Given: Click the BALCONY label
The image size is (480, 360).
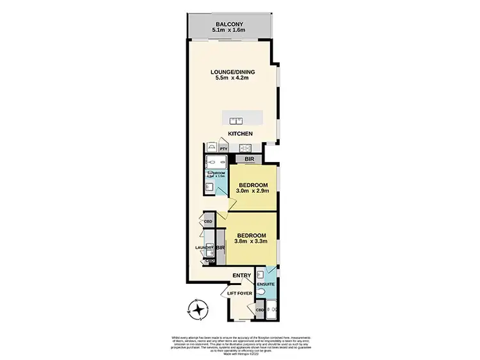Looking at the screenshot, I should click(x=229, y=23).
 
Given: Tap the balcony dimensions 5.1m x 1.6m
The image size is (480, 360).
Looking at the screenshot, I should click(x=229, y=30).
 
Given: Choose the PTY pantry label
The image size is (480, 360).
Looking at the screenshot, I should click(x=223, y=149).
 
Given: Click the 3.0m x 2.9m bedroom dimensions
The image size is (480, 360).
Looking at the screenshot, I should click(x=253, y=191).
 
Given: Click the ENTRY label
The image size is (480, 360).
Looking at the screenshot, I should click(x=241, y=275).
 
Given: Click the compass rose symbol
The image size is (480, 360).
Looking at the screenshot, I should click(x=200, y=310).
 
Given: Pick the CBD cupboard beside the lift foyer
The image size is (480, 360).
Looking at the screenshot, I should click(x=260, y=310).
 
